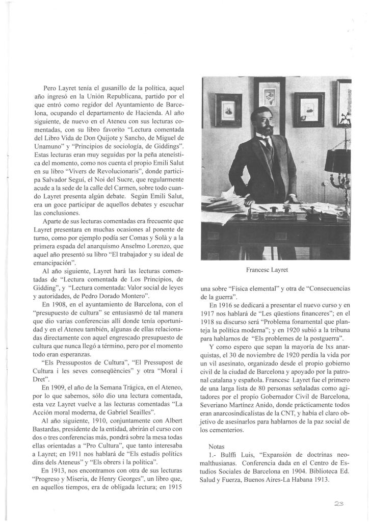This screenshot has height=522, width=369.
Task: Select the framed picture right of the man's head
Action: tap(309, 109)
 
